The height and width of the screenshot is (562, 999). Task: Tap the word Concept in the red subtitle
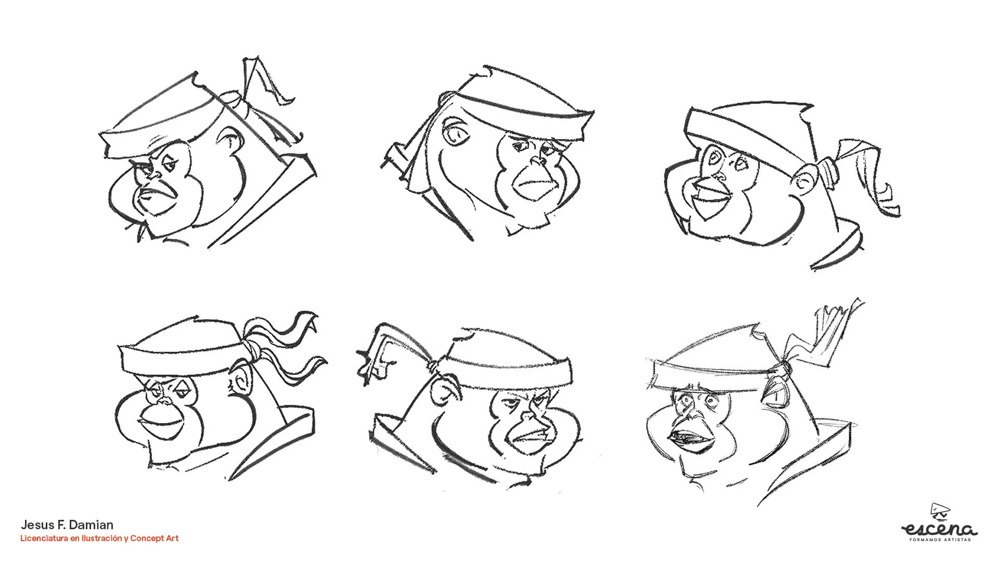pos(146,539)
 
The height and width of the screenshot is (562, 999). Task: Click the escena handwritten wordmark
pos(939,529)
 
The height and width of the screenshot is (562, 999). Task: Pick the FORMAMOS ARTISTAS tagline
pos(940,540)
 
